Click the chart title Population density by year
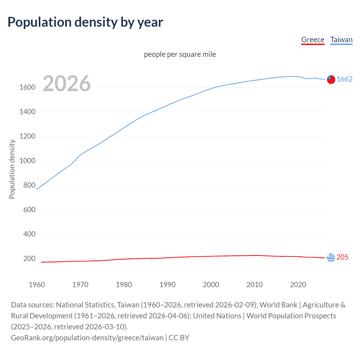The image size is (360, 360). [85, 22]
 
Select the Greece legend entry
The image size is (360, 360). [313, 40]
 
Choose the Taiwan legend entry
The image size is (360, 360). [341, 40]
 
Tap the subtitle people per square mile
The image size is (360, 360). [180, 54]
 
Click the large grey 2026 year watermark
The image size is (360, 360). [67, 83]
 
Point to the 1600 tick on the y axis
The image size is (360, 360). [27, 87]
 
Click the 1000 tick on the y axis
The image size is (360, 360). [27, 161]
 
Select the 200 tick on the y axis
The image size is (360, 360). [29, 258]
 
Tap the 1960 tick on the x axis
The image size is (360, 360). [37, 285]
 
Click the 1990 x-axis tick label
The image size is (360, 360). [167, 285]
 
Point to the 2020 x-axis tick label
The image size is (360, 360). [298, 285]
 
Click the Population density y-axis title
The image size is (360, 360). [12, 169]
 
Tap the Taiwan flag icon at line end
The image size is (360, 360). [331, 79]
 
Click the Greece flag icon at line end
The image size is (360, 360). [331, 257]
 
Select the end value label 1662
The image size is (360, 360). [345, 79]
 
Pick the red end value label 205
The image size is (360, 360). [342, 257]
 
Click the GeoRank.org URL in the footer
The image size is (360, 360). [87, 337]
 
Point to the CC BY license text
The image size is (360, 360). [179, 337]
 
